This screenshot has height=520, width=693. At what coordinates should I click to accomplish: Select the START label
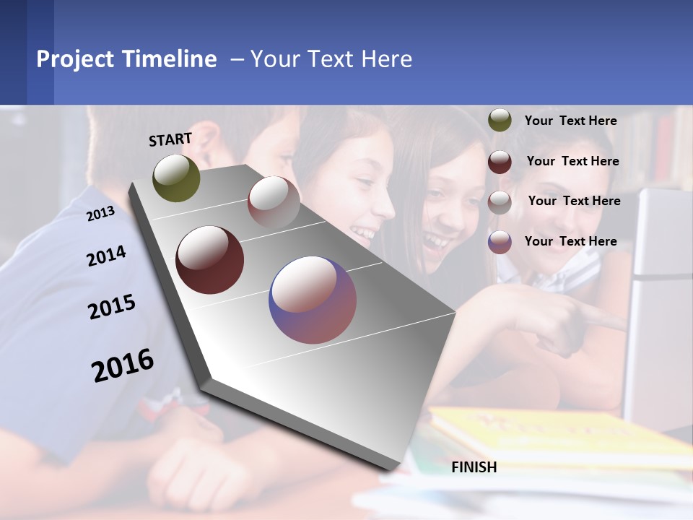coord(170,139)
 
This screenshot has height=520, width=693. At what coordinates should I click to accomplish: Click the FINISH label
coord(474,467)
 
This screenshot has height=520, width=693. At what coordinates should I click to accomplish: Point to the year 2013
coord(100,213)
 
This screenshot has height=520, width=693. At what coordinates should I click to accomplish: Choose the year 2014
coord(106,256)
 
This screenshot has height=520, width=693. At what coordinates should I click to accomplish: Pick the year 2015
coord(112,307)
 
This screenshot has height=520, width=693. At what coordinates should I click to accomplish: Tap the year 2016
coord(123,365)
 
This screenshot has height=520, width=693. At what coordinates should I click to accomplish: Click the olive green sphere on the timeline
coord(176,178)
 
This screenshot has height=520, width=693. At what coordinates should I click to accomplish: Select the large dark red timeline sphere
coord(210,260)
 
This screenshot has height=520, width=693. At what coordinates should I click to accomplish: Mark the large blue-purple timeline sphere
coord(313,300)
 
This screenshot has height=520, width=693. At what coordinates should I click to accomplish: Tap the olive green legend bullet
coord(500,121)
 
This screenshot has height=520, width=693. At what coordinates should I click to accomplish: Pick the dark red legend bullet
coord(500,162)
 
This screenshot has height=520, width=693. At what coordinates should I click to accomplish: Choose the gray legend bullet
coord(500,202)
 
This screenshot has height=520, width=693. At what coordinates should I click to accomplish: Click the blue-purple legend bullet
coord(500,242)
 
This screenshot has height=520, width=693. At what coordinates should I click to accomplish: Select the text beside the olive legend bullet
coord(570,121)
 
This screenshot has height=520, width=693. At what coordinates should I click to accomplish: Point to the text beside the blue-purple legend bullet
coord(570,241)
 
